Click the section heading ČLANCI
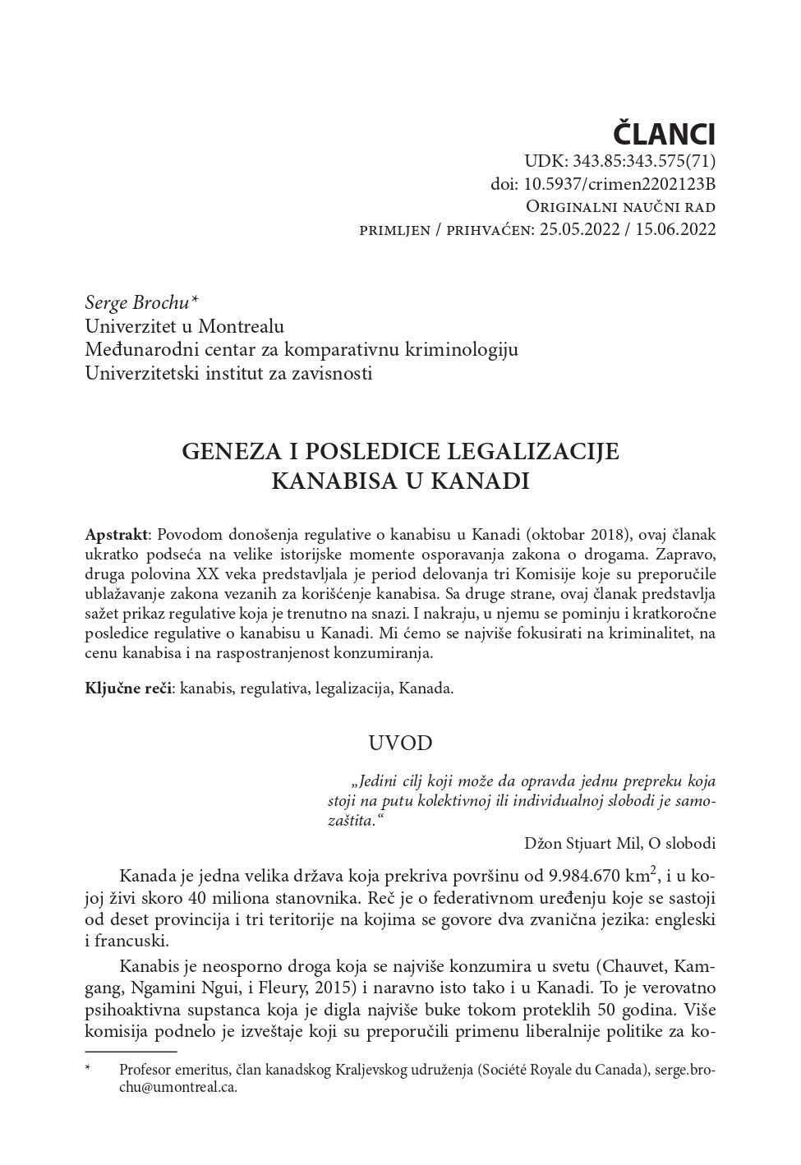pyautogui.click(x=665, y=133)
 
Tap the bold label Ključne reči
pyautogui.click(x=127, y=688)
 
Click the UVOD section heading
pyautogui.click(x=400, y=744)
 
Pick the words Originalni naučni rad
pyautogui.click(x=620, y=206)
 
